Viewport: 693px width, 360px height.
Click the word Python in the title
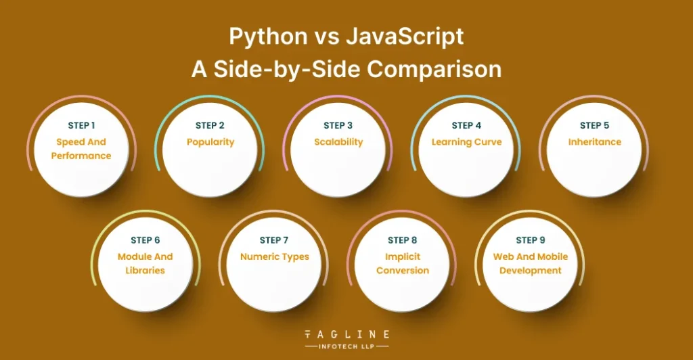(x=268, y=37)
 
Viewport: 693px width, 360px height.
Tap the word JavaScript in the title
(x=405, y=37)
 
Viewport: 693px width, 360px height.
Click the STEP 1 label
(x=81, y=125)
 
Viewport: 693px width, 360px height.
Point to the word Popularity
(x=210, y=142)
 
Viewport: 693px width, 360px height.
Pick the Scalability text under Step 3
(x=338, y=142)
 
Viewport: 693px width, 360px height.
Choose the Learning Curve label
(x=467, y=142)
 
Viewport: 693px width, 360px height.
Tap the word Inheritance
(x=595, y=142)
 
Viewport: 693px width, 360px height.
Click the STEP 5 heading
(x=594, y=125)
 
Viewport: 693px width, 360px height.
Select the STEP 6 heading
(x=146, y=240)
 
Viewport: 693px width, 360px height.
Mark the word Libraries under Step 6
(x=145, y=270)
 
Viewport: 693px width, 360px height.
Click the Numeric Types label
(x=275, y=257)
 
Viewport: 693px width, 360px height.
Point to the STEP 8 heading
(x=402, y=240)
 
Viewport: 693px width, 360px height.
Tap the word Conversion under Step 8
(x=403, y=270)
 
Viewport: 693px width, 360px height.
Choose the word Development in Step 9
(x=531, y=270)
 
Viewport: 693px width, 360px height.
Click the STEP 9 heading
(x=531, y=240)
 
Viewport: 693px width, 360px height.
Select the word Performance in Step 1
(x=81, y=156)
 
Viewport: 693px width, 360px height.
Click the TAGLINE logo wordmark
(x=347, y=334)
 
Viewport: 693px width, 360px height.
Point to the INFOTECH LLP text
(x=347, y=346)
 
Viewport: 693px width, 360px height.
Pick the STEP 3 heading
(x=338, y=125)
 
